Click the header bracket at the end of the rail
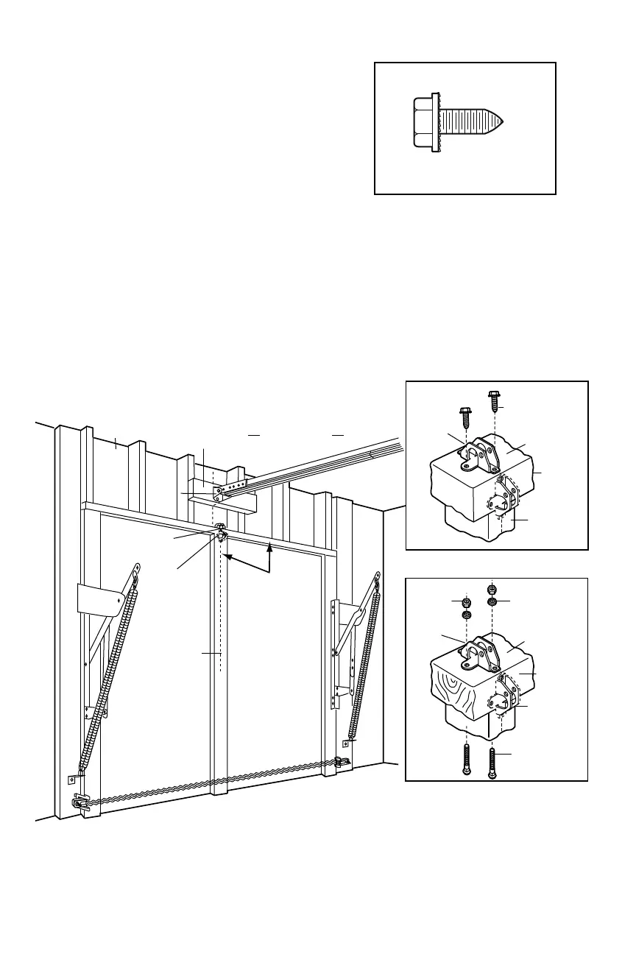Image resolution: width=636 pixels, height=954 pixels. (219, 493)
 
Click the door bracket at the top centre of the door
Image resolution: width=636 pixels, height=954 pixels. (219, 531)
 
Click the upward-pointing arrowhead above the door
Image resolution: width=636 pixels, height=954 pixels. (270, 545)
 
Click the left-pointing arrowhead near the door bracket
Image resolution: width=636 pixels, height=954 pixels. (227, 557)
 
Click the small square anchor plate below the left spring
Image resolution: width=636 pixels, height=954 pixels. (73, 780)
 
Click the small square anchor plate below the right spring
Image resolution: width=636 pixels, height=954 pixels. (345, 744)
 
